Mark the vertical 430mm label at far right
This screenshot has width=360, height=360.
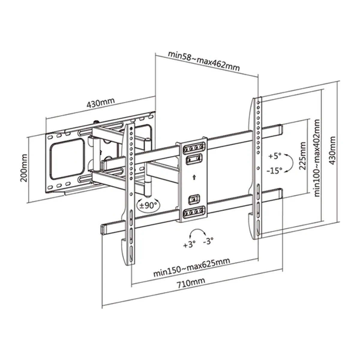(x=332, y=151)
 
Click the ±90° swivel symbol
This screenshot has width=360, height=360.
(x=148, y=205)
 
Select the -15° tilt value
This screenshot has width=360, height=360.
(x=274, y=170)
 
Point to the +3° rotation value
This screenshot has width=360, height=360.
(x=189, y=245)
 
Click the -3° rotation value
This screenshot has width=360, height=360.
(x=208, y=241)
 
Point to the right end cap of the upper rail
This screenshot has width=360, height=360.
(x=279, y=129)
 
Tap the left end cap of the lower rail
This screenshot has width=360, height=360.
(x=103, y=229)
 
